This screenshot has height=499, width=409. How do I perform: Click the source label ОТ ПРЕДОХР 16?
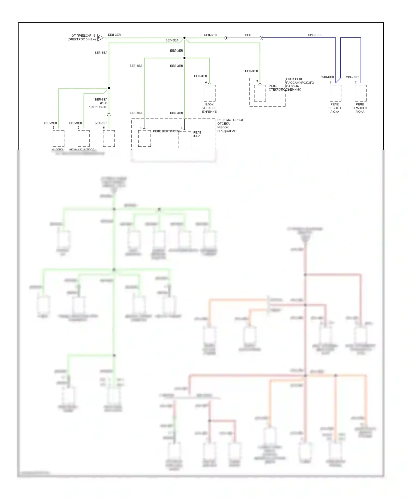83,35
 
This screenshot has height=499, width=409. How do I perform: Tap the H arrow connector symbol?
100,38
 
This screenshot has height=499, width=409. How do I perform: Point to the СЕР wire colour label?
248,35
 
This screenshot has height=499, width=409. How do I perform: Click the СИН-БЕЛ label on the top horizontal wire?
314,35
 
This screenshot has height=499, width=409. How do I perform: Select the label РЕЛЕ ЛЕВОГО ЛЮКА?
335,108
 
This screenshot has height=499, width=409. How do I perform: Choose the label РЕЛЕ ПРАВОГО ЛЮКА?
360,108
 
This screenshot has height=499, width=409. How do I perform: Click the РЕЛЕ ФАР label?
197,134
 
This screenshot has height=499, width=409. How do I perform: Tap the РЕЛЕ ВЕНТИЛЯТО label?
166,131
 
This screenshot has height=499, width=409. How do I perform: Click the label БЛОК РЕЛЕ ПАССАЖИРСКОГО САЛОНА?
300,82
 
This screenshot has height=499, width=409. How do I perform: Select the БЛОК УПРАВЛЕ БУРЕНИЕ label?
209,108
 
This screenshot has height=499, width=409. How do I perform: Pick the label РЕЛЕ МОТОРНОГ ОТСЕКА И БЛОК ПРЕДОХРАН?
230,125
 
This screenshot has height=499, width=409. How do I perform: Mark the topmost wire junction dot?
184,38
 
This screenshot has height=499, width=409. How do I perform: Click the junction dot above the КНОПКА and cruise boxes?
109,88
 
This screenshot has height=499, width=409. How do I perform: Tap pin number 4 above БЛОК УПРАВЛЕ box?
206,82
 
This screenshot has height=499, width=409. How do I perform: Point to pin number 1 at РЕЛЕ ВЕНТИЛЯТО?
141,128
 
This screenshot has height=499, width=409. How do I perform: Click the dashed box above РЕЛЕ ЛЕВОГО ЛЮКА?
335,93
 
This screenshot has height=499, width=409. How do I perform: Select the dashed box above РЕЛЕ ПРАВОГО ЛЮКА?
360,93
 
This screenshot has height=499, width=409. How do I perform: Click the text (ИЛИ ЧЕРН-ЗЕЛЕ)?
99,105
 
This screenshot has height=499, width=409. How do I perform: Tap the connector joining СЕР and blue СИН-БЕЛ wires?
261,38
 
